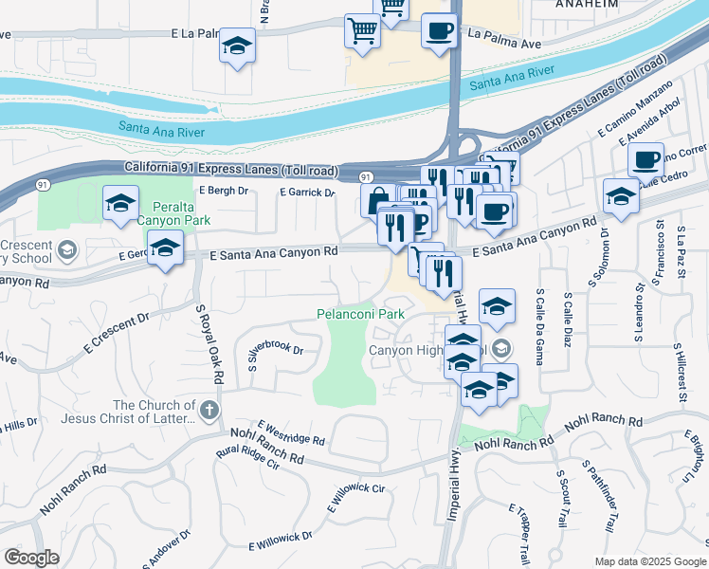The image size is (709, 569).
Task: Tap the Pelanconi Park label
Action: coord(361,313)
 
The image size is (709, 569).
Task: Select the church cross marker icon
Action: coord(209,412)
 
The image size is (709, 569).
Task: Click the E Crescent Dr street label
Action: coord(117,329)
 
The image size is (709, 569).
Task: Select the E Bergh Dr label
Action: coord(224,191)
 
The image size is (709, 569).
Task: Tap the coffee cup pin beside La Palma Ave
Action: coord(438,29)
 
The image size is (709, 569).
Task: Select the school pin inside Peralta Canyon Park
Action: coord(120,202)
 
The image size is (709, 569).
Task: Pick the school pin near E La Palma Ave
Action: coord(237,45)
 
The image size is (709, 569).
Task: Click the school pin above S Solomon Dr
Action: coord(621,195)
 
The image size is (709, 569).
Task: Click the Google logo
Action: coord(32,558)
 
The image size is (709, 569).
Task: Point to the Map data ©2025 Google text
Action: coord(650,561)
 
